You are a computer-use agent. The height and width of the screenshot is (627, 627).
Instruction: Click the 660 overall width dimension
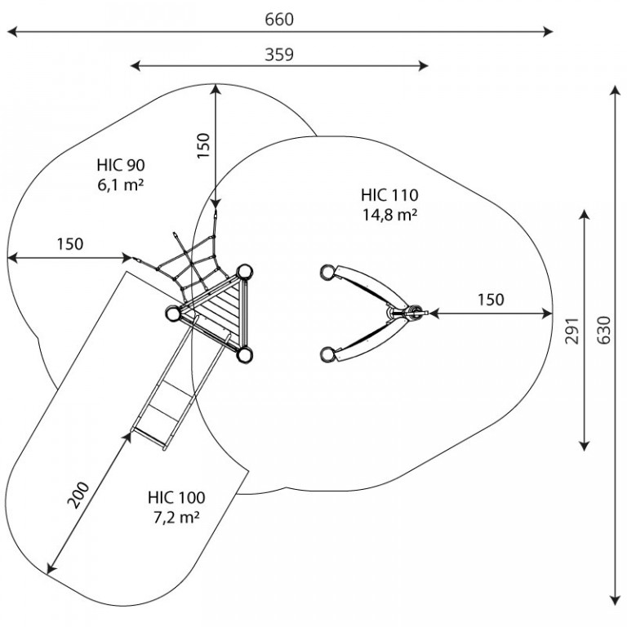(279, 20)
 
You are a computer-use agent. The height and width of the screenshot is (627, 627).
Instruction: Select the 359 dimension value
(279, 55)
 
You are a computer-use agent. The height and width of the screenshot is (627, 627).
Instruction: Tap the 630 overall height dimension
(604, 330)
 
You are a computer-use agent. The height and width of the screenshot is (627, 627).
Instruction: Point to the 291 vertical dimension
(572, 331)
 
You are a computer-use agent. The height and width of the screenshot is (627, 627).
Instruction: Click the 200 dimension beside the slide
(78, 496)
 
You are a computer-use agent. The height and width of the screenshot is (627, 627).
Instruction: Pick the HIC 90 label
(121, 165)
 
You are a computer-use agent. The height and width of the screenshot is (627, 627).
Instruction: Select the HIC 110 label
(389, 195)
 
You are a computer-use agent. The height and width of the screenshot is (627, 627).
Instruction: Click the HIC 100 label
(176, 497)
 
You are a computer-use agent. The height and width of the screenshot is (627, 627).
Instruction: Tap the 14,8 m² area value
(390, 215)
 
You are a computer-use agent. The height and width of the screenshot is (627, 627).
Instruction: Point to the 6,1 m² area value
(120, 185)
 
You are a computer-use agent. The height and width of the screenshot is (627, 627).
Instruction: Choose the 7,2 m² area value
(176, 518)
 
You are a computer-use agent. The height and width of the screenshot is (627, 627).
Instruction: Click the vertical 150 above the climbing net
(203, 145)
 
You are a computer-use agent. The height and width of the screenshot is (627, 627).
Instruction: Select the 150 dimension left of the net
(70, 244)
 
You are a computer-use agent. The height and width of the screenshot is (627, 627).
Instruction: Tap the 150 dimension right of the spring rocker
(491, 299)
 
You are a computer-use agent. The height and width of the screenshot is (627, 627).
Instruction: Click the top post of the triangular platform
(244, 273)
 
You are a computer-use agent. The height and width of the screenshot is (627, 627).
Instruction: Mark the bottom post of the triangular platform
(244, 354)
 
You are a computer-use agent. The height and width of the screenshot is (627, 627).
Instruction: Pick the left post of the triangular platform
(173, 313)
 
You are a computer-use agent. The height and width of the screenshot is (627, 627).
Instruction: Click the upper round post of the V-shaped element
(328, 273)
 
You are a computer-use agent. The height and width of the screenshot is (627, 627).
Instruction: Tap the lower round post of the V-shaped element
(328, 354)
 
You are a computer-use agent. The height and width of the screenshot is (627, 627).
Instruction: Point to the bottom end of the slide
(149, 438)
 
